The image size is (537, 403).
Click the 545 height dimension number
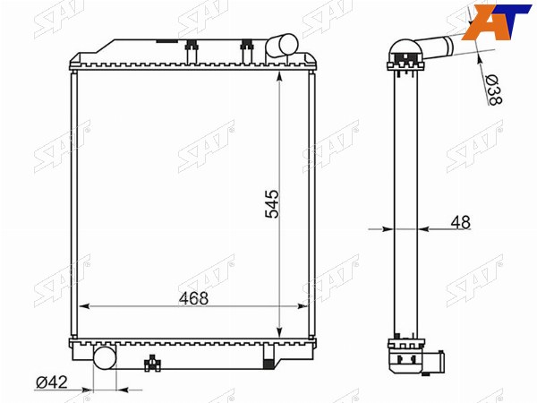click(273, 204)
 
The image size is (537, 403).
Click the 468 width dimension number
click(193, 298)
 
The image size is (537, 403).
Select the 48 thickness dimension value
click(460, 222)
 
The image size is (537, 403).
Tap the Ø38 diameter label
click(493, 90)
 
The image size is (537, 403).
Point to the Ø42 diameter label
click(52, 382)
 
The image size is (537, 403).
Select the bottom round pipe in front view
click(105, 357)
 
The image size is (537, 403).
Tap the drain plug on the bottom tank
click(152, 364)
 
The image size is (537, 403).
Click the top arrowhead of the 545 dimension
click(279, 76)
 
